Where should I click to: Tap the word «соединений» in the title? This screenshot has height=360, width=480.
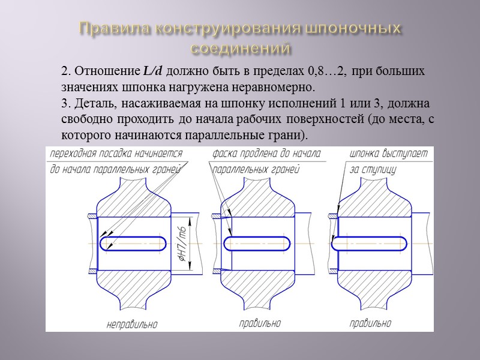[240, 47]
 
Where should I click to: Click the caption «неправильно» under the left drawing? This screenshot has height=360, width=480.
[132, 325]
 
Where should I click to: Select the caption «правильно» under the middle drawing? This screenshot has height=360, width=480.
[259, 323]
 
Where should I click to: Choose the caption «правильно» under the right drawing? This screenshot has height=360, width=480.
[370, 323]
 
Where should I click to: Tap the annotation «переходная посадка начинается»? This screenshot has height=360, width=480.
[116, 154]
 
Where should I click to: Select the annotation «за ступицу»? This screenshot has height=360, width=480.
[373, 170]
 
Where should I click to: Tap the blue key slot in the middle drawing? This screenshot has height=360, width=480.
[257, 244]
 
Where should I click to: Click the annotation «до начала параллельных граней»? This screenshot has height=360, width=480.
[116, 170]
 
